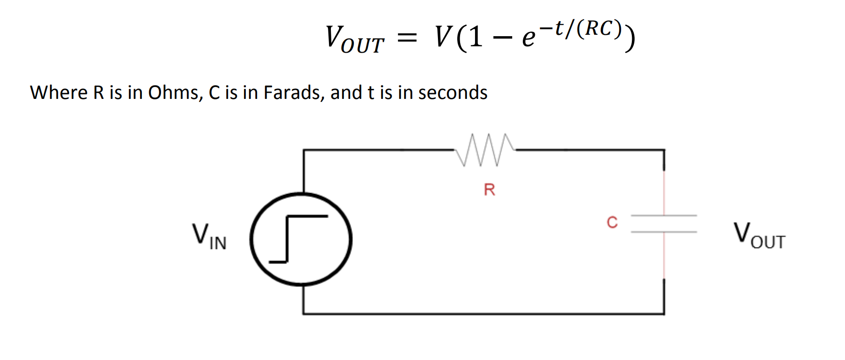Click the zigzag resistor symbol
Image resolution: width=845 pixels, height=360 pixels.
coord(484,150)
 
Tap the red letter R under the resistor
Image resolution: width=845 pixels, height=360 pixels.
coord(489,190)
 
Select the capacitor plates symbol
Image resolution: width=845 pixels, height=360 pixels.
coord(664,223)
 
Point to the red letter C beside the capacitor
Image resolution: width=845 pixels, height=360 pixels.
coord(612,222)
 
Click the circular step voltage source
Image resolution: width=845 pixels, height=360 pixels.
coord(301,239)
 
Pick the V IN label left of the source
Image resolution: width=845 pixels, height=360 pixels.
coord(209,236)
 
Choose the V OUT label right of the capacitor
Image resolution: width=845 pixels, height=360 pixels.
coord(759,235)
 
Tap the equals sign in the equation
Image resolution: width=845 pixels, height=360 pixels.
coord(407,38)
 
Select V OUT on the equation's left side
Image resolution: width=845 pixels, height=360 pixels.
coord(354,39)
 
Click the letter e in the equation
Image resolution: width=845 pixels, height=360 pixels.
coord(529,39)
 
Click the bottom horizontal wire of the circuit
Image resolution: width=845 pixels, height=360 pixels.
coord(482,314)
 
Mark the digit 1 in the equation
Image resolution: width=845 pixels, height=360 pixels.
coord(476,37)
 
